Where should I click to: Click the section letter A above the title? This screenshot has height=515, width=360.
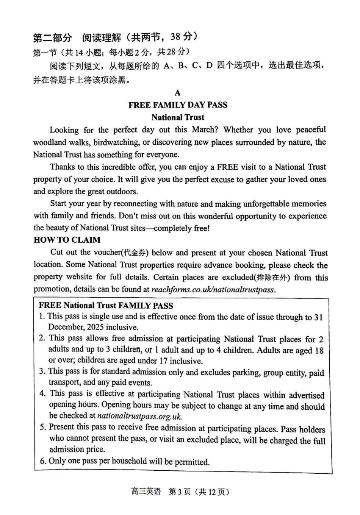point(177,93)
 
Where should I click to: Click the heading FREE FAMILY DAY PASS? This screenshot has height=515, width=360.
point(178,105)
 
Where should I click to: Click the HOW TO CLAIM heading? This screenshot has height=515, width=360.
point(67,240)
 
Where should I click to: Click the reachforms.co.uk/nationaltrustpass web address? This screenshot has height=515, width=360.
point(212,290)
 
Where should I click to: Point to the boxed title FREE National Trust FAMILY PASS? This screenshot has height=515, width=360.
point(106,306)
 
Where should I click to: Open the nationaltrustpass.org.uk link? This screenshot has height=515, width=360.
point(139,416)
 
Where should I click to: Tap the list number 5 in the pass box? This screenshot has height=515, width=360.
point(42,427)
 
